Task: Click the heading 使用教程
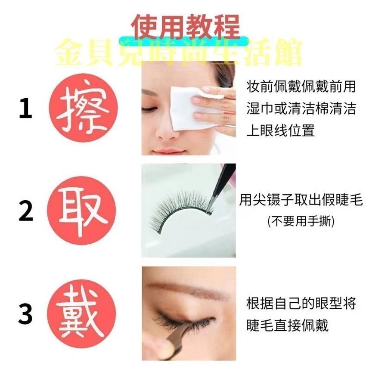point(186,27)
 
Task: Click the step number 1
point(25,109)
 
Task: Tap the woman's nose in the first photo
point(166,129)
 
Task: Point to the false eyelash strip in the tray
point(181,211)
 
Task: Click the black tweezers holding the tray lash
point(224,181)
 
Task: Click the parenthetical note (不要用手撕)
point(301,221)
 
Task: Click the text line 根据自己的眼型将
point(301,303)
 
